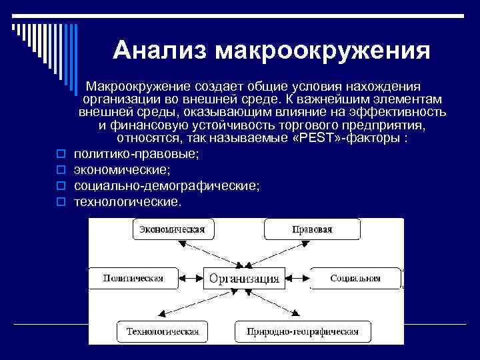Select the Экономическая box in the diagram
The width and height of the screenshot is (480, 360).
[x=171, y=230]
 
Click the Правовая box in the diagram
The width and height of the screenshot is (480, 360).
[x=312, y=230]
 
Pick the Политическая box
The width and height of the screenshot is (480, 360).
[x=133, y=278]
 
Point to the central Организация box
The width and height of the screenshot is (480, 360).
[x=244, y=278]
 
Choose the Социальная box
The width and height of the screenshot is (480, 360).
[x=355, y=278]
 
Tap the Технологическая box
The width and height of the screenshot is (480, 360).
[x=163, y=331]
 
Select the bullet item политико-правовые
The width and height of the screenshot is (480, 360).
[x=137, y=154]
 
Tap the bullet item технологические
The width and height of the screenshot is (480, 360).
[x=127, y=200]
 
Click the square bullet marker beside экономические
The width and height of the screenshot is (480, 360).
[x=60, y=170]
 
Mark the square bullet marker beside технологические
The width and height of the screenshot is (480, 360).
[x=60, y=201]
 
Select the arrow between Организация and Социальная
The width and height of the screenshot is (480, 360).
[x=297, y=277]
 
